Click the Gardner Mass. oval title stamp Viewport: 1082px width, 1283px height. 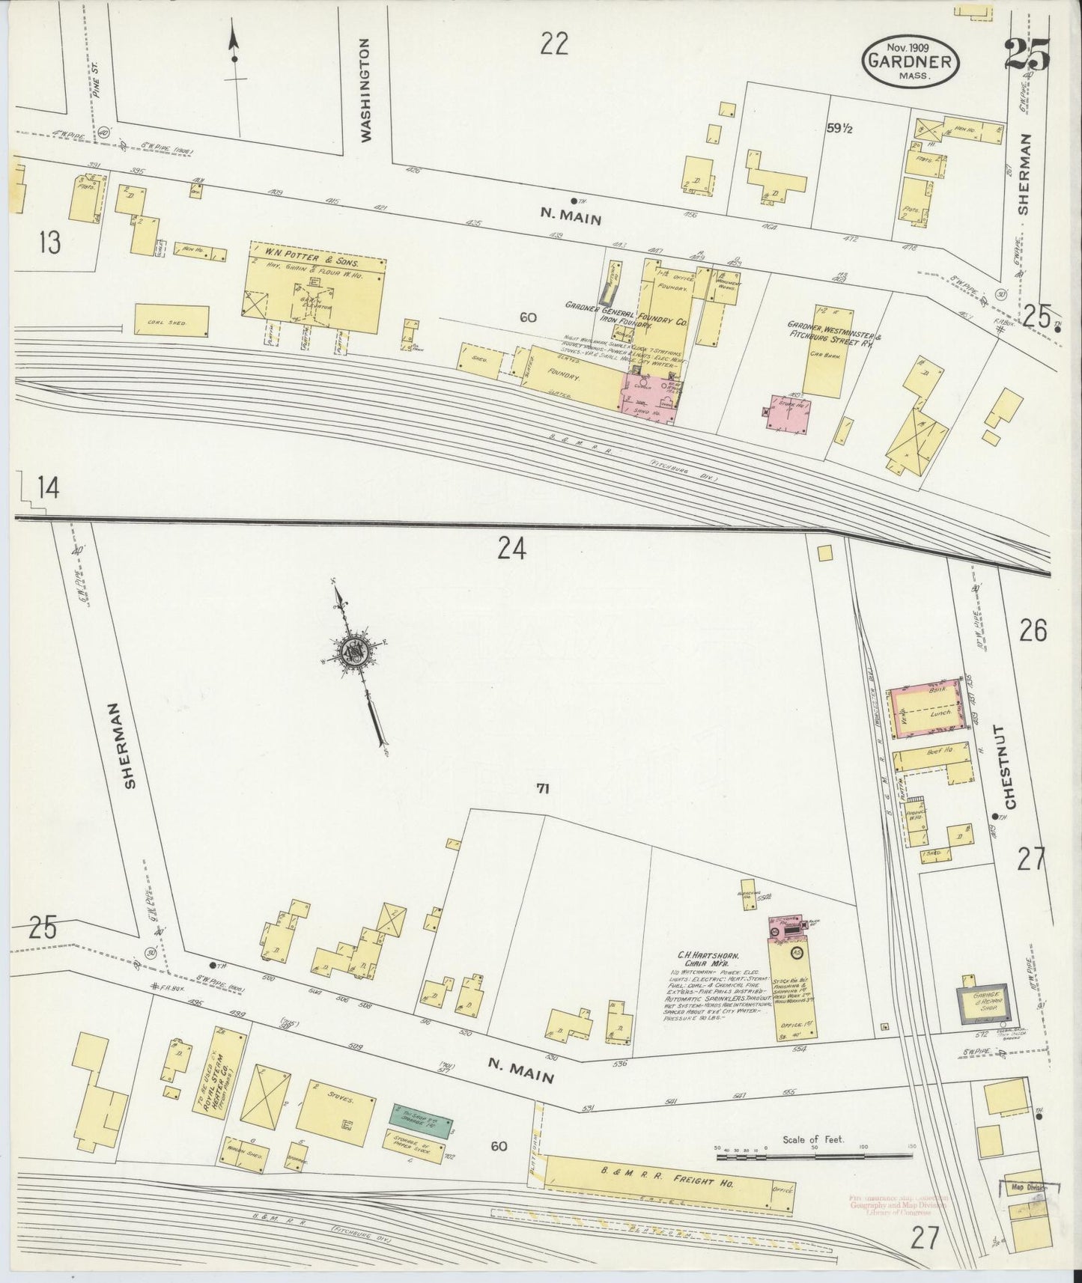(x=911, y=61)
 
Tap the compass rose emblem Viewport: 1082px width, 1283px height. (x=350, y=653)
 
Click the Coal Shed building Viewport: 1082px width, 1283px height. (x=171, y=320)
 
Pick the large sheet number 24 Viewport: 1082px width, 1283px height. (x=512, y=550)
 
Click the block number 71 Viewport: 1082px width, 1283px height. (x=543, y=787)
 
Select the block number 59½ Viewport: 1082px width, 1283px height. (x=841, y=128)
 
